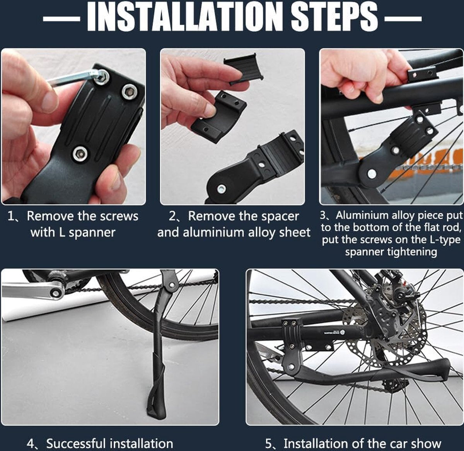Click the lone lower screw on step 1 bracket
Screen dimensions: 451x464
(x=80, y=154)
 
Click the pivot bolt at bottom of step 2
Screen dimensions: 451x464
(x=222, y=189)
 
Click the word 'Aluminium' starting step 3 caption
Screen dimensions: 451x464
(x=362, y=215)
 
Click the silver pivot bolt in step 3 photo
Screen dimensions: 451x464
(x=371, y=174)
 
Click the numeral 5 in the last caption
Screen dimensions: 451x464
(x=269, y=443)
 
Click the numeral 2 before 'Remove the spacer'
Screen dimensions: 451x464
(x=172, y=216)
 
